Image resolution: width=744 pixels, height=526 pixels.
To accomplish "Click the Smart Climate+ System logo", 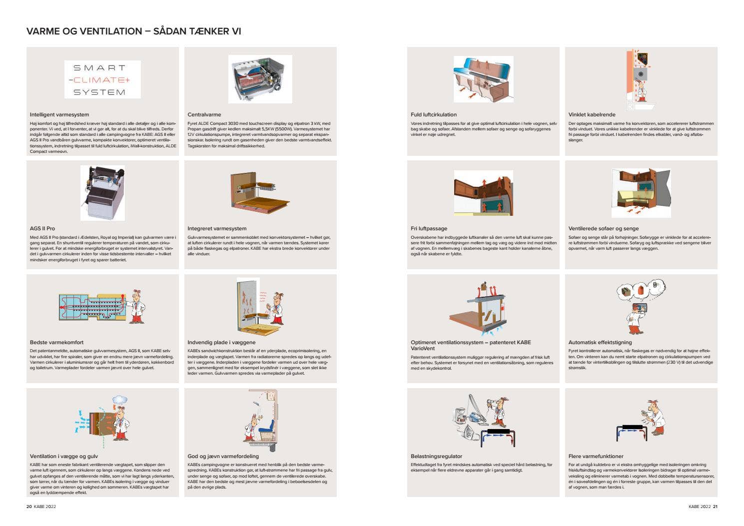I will [102, 79].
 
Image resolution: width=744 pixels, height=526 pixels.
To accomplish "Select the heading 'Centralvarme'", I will [204, 115].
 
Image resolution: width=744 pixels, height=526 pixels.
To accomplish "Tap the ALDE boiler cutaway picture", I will [260, 79].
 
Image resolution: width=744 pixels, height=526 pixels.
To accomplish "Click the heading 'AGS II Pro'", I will [42, 229].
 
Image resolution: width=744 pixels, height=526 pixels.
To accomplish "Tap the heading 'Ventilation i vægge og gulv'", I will [64, 457].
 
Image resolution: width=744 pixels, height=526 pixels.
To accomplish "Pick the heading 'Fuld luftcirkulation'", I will [434, 115].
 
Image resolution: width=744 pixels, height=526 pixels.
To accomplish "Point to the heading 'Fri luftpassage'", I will [429, 229].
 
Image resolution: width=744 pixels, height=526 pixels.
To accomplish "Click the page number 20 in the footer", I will [29, 507].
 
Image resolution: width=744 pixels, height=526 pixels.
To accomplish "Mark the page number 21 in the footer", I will [715, 507].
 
